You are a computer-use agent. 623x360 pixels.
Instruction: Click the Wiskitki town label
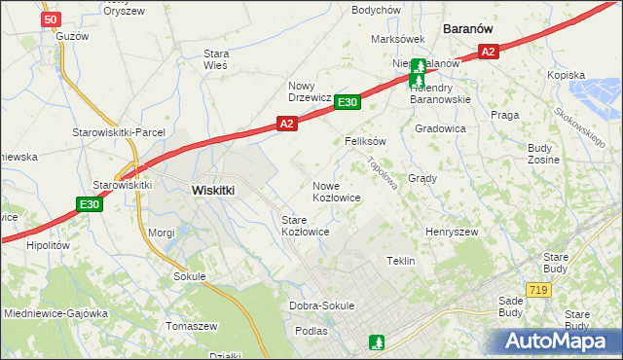[213, 191]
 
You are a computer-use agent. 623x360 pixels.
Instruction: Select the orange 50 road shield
[52, 18]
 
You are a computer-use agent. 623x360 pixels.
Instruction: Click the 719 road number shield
[537, 290]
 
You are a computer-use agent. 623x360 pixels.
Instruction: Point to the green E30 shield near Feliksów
[348, 101]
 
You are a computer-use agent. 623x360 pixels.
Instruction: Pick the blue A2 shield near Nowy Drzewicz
[286, 124]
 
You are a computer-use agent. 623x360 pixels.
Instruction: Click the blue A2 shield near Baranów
[489, 52]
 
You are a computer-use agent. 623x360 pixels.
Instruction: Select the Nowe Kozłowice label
[337, 191]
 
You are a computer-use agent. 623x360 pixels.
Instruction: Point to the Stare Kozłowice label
[305, 226]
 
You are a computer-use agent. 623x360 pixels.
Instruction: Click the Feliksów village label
[366, 141]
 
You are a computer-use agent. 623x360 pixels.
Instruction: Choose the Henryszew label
[452, 233]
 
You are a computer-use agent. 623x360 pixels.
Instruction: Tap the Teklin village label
[401, 261]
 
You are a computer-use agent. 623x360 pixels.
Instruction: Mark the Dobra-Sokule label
[321, 306]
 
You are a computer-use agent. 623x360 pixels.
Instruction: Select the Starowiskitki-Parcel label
[119, 132]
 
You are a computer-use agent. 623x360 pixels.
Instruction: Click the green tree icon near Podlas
[377, 342]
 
